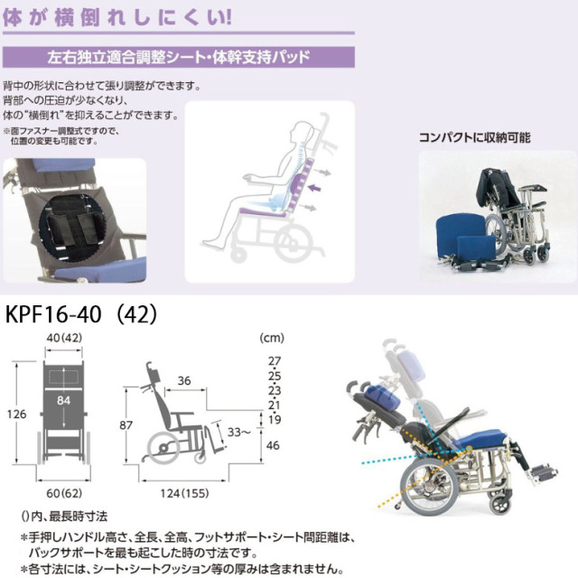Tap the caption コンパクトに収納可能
tap(474, 138)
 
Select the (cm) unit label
tap(272, 340)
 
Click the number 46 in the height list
tap(274, 446)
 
